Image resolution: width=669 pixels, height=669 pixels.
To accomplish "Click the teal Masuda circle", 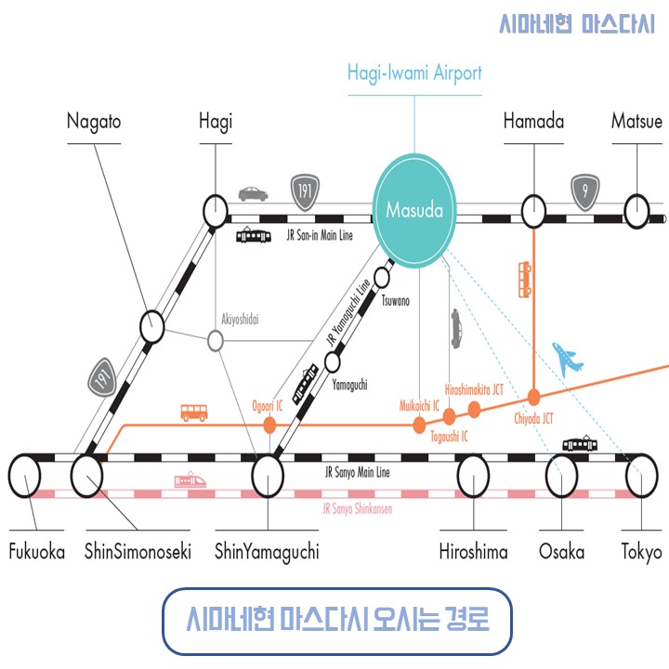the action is pyautogui.click(x=414, y=210).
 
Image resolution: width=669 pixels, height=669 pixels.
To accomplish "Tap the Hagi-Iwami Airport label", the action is pyautogui.click(x=414, y=72).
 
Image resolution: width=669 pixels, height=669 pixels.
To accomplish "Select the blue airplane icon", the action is pyautogui.click(x=568, y=360).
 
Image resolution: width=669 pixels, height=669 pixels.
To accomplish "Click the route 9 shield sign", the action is pyautogui.click(x=585, y=192).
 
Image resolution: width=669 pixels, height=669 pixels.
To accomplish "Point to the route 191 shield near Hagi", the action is pyautogui.click(x=305, y=192).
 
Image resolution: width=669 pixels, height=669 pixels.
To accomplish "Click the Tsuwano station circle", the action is pyautogui.click(x=382, y=278).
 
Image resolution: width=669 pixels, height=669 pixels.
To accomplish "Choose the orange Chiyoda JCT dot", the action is pyautogui.click(x=533, y=398).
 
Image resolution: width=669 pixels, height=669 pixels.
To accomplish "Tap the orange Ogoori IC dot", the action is pyautogui.click(x=269, y=425).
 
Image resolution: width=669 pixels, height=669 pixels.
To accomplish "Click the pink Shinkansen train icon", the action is pyautogui.click(x=190, y=480).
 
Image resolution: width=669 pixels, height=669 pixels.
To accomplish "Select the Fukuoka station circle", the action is pyautogui.click(x=25, y=476).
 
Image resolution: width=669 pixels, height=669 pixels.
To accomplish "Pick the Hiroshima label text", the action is pyautogui.click(x=474, y=552).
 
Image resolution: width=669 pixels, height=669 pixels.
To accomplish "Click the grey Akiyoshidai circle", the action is pyautogui.click(x=216, y=341).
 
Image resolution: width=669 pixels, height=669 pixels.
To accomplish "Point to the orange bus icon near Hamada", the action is pyautogui.click(x=525, y=280).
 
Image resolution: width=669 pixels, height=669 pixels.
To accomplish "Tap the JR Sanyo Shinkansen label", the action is pyautogui.click(x=357, y=508).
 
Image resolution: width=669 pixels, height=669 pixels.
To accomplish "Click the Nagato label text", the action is pyautogui.click(x=94, y=122).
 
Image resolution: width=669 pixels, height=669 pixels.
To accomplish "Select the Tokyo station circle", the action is pyautogui.click(x=642, y=476).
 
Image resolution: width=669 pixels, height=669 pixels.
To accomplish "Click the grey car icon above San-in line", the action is pyautogui.click(x=254, y=194).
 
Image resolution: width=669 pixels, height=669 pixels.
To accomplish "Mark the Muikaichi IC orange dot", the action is pyautogui.click(x=419, y=425).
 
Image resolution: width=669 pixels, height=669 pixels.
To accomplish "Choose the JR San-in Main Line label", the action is pyautogui.click(x=320, y=235).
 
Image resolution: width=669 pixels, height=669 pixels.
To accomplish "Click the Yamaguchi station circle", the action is pyautogui.click(x=333, y=362).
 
